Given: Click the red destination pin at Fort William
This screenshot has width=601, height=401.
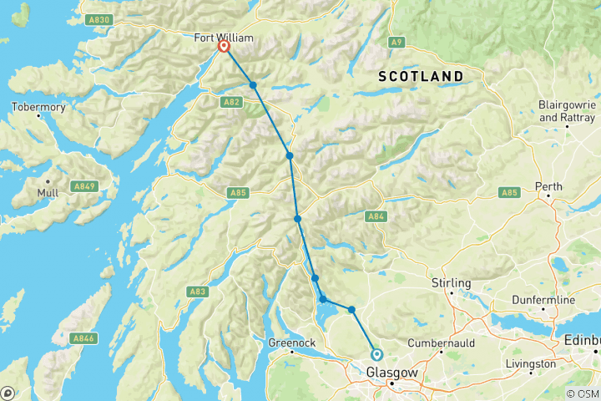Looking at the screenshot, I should pos(224,48).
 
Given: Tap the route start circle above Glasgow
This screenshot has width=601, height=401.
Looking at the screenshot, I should pos(376,354).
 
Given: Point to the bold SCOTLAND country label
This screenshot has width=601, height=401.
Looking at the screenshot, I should pos(421,76).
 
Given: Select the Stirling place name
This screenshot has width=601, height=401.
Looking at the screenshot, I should pos(451,282).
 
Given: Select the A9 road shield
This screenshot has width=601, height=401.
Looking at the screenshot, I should pos(396,42).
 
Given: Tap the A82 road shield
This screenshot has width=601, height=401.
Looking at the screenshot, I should pos(232,102).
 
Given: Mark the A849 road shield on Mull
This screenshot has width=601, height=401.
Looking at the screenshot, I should pos(83,185).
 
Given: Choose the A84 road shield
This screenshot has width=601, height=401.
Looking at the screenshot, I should pos(376,217).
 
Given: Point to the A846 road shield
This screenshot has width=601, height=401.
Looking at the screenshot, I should pos(83,338).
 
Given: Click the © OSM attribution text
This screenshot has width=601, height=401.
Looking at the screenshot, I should pos(582,393).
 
